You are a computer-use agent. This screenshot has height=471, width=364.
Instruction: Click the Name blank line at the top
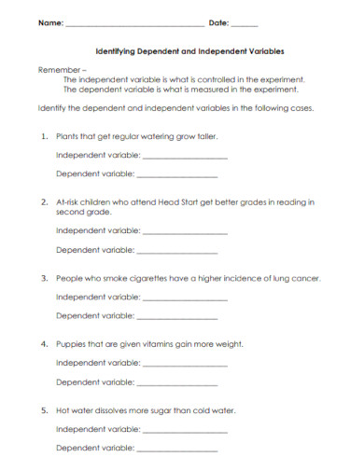tap(134, 25)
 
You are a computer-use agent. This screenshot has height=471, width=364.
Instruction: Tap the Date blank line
tap(245, 25)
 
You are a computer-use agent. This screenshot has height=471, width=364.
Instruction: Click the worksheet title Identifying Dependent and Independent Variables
tap(190, 53)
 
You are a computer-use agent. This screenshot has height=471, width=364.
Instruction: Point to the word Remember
tap(54, 70)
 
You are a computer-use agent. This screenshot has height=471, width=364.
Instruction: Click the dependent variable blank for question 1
tap(177, 174)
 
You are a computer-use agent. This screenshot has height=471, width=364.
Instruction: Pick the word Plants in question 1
tap(67, 135)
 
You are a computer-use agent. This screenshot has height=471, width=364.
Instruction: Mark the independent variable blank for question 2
tap(185, 230)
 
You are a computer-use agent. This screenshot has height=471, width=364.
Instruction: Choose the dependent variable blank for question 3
tap(177, 317)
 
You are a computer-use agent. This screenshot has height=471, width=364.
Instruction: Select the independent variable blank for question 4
tap(185, 363)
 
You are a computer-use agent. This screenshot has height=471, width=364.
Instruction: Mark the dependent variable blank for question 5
tap(177, 450)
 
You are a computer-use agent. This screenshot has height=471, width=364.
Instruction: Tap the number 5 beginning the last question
tap(44, 410)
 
